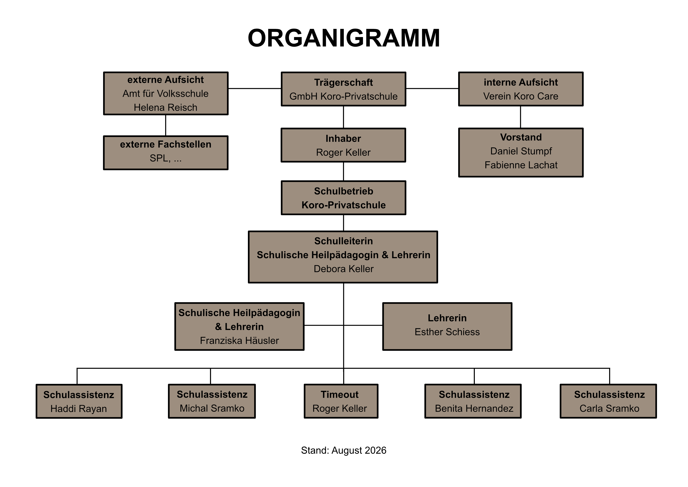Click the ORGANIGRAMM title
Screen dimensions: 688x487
click(344, 38)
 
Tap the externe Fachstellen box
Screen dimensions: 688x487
click(166, 153)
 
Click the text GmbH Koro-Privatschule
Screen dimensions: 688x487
click(343, 96)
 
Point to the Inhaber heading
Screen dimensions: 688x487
click(343, 139)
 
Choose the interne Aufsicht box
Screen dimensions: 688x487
click(521, 89)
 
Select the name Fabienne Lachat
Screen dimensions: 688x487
click(521, 165)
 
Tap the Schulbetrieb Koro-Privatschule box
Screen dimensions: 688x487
click(343, 198)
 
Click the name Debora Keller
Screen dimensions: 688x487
click(343, 269)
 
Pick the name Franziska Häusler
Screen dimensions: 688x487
click(239, 341)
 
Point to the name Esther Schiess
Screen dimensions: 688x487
click(447, 332)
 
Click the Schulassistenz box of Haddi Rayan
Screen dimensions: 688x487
click(79, 401)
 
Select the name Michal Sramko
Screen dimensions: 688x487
click(212, 408)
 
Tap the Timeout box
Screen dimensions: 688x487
click(341, 401)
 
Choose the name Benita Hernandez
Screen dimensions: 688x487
click(474, 408)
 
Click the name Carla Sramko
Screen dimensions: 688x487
click(610, 408)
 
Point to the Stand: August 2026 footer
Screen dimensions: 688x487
click(344, 450)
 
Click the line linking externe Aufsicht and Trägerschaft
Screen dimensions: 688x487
click(255, 89)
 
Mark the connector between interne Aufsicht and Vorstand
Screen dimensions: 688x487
click(521, 117)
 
